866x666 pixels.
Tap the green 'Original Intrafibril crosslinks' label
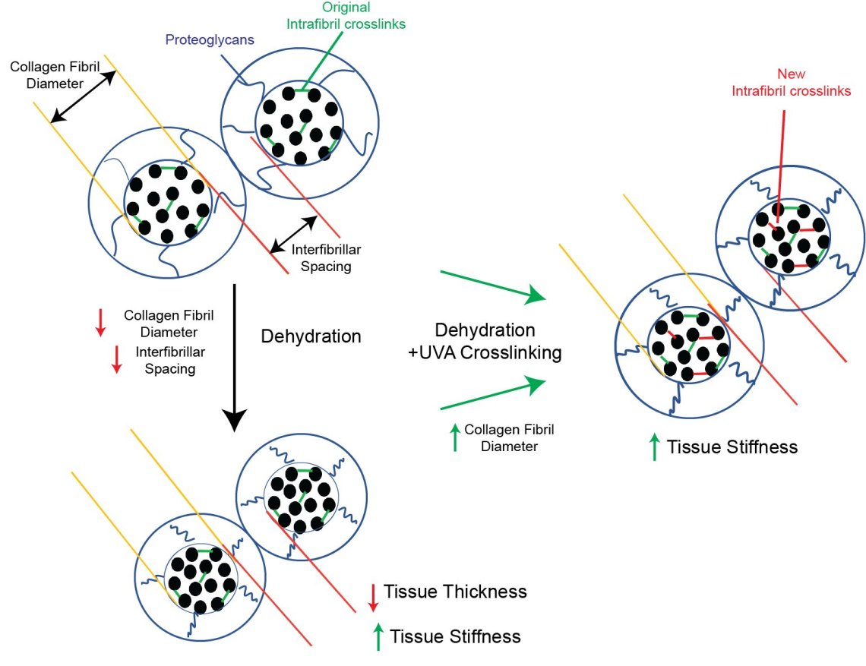click(346, 16)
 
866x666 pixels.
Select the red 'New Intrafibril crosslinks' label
click(791, 83)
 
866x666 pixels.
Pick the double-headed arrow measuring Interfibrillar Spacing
click(294, 233)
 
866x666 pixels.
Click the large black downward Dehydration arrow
click(234, 357)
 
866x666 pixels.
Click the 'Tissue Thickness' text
click(455, 591)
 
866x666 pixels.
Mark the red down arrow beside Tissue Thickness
click(372, 596)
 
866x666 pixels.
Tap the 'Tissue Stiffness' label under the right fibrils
click(732, 447)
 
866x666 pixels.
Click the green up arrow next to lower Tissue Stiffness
click(378, 636)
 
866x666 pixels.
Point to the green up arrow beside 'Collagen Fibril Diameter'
click(455, 437)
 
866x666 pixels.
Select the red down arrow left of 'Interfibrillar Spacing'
click(116, 358)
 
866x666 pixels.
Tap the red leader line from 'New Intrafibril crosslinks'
click(780, 152)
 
